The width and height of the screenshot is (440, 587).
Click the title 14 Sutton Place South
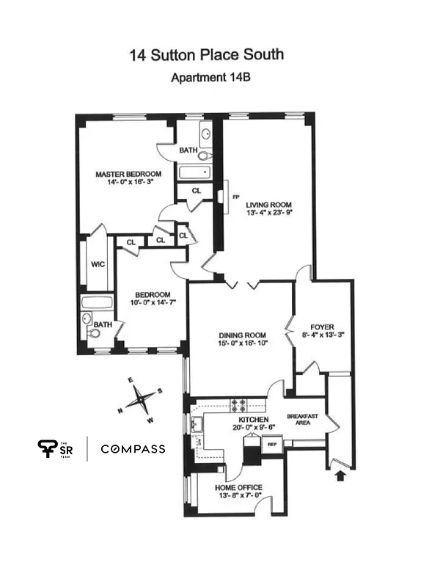[x=206, y=54]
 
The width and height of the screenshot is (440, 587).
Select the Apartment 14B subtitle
[x=207, y=78]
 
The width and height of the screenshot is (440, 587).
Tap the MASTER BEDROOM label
[x=128, y=174]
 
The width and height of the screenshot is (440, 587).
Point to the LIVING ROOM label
[x=268, y=205]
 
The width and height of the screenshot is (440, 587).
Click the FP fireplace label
[x=235, y=197]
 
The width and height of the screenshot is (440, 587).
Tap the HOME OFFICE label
[x=238, y=487]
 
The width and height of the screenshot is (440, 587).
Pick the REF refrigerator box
[x=271, y=444]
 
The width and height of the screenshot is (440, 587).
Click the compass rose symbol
[x=139, y=401]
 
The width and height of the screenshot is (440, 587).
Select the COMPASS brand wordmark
[x=133, y=449]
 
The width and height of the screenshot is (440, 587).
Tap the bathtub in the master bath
[x=194, y=174]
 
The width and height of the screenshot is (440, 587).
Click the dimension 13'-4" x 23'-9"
[x=268, y=214]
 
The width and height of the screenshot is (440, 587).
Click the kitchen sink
[x=196, y=423]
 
